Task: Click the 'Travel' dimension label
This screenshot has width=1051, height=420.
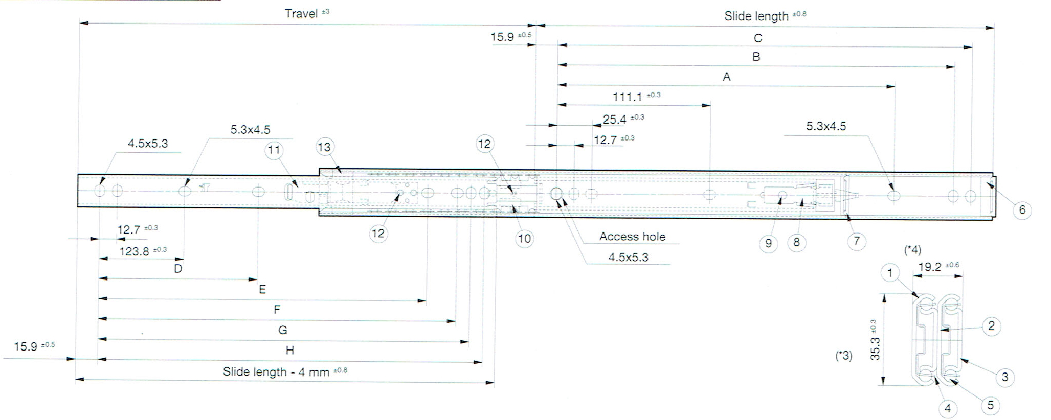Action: (301, 13)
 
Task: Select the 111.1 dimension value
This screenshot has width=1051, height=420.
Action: (627, 97)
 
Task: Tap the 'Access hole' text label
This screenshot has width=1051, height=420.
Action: (632, 237)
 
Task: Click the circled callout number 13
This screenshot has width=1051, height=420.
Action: (325, 147)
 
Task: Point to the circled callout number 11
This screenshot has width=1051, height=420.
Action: (274, 150)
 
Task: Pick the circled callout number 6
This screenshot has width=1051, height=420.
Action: (1022, 209)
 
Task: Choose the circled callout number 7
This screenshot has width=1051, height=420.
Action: (857, 241)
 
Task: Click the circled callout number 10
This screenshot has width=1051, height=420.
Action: (524, 238)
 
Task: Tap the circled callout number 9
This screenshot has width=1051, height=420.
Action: (768, 243)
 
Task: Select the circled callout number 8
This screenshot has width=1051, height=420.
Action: (796, 242)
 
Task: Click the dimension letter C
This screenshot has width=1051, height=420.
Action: (758, 38)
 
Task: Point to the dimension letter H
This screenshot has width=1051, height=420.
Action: (290, 351)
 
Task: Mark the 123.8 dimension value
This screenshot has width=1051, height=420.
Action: (134, 251)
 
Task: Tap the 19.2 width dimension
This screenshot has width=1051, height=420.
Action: (930, 267)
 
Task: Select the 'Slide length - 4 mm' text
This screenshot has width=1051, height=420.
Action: (276, 372)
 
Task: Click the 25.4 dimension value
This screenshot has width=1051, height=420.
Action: (615, 120)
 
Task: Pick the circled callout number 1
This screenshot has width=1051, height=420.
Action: (890, 273)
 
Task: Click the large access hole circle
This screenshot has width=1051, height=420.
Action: (556, 194)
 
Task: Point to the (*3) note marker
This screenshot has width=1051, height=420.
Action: (843, 356)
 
